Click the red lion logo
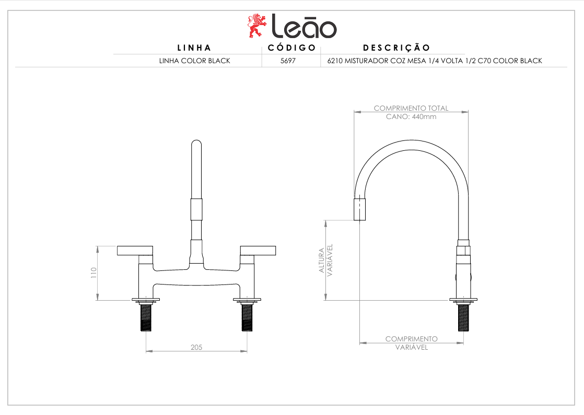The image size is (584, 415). (x=255, y=26)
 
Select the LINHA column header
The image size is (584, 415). (x=194, y=48)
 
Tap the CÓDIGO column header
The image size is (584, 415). (x=291, y=48)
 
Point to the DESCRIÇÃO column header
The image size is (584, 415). (x=396, y=48)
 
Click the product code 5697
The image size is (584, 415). (x=288, y=61)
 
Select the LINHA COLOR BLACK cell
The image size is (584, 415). (x=194, y=61)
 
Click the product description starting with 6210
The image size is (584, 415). (x=434, y=61)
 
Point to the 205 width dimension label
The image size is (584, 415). (x=196, y=347)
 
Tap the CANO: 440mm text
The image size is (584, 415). (x=411, y=116)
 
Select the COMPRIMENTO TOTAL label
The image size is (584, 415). (x=411, y=108)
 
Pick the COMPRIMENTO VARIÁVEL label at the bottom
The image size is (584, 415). (x=411, y=343)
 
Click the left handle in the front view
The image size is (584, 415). (x=135, y=251)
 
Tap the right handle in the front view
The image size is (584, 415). (x=258, y=251)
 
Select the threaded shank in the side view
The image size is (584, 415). (x=463, y=317)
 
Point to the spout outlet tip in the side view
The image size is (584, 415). (x=359, y=209)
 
